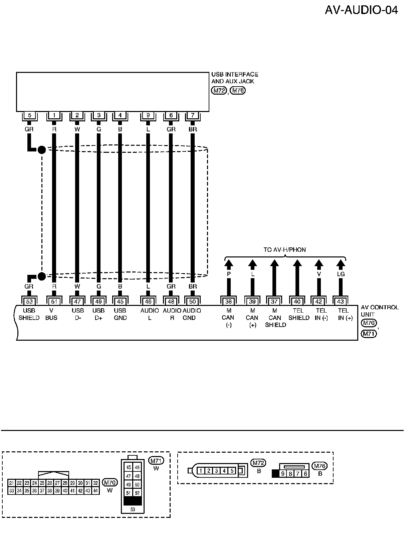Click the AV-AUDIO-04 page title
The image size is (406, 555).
point(361,10)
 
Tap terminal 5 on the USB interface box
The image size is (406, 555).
point(30,115)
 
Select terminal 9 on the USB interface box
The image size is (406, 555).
point(148,115)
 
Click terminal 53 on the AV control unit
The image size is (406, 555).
point(29,302)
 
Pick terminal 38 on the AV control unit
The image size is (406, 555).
point(228,302)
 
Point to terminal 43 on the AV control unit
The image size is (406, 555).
point(341,302)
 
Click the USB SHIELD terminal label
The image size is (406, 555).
point(29,314)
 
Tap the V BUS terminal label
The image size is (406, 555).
point(51,314)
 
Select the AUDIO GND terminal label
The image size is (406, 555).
point(192,314)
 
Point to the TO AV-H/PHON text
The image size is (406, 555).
point(284,250)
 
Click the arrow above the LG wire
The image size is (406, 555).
point(341,264)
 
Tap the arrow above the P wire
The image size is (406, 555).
point(229,264)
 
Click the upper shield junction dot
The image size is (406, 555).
point(42,149)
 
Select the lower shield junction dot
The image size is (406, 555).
point(42,276)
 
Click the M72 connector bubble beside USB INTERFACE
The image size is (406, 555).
point(219,90)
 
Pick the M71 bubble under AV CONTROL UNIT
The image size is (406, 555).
point(369,333)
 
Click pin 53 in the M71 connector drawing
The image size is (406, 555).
point(133,510)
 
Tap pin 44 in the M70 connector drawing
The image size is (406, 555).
point(96,491)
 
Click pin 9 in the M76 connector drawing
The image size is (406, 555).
point(283,473)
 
